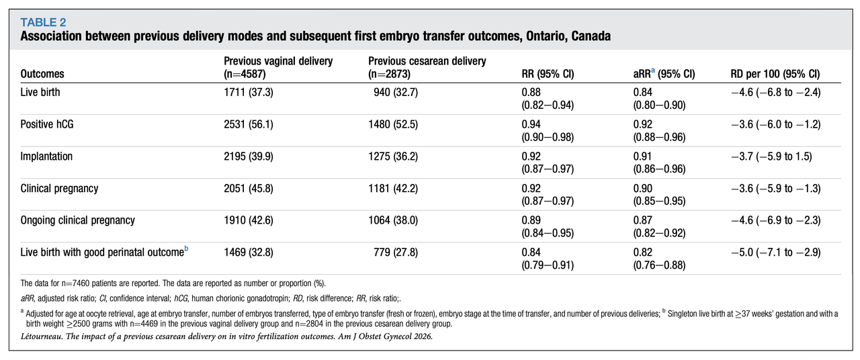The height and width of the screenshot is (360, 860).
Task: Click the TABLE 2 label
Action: click(43, 22)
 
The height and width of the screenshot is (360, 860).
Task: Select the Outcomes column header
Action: click(42, 74)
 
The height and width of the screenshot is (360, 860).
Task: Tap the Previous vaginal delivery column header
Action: click(278, 67)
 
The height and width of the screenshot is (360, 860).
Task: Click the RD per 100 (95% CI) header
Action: click(775, 74)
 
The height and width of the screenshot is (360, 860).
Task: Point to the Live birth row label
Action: click(40, 92)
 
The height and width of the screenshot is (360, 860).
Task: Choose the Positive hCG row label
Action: click(47, 124)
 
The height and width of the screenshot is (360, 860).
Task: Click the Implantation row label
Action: click(46, 156)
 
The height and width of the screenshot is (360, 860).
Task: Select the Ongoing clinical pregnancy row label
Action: click(77, 220)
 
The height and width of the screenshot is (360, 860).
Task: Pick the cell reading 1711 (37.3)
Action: click(249, 93)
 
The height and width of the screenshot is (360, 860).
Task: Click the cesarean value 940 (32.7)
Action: click(396, 93)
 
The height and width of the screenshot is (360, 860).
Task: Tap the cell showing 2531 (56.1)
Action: click(249, 124)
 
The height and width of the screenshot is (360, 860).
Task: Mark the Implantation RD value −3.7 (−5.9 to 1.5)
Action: click(771, 156)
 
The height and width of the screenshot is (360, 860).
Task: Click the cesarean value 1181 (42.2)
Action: click(393, 189)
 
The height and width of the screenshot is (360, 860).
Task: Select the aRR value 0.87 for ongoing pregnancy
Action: click(643, 220)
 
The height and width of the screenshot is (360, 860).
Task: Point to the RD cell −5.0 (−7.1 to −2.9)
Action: click(775, 253)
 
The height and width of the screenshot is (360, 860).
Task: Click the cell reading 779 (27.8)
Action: click(396, 253)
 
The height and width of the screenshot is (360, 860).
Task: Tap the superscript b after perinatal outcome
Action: click(186, 249)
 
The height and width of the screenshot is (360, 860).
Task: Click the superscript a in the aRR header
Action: click(653, 71)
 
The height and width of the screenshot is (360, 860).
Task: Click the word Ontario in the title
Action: click(546, 36)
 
